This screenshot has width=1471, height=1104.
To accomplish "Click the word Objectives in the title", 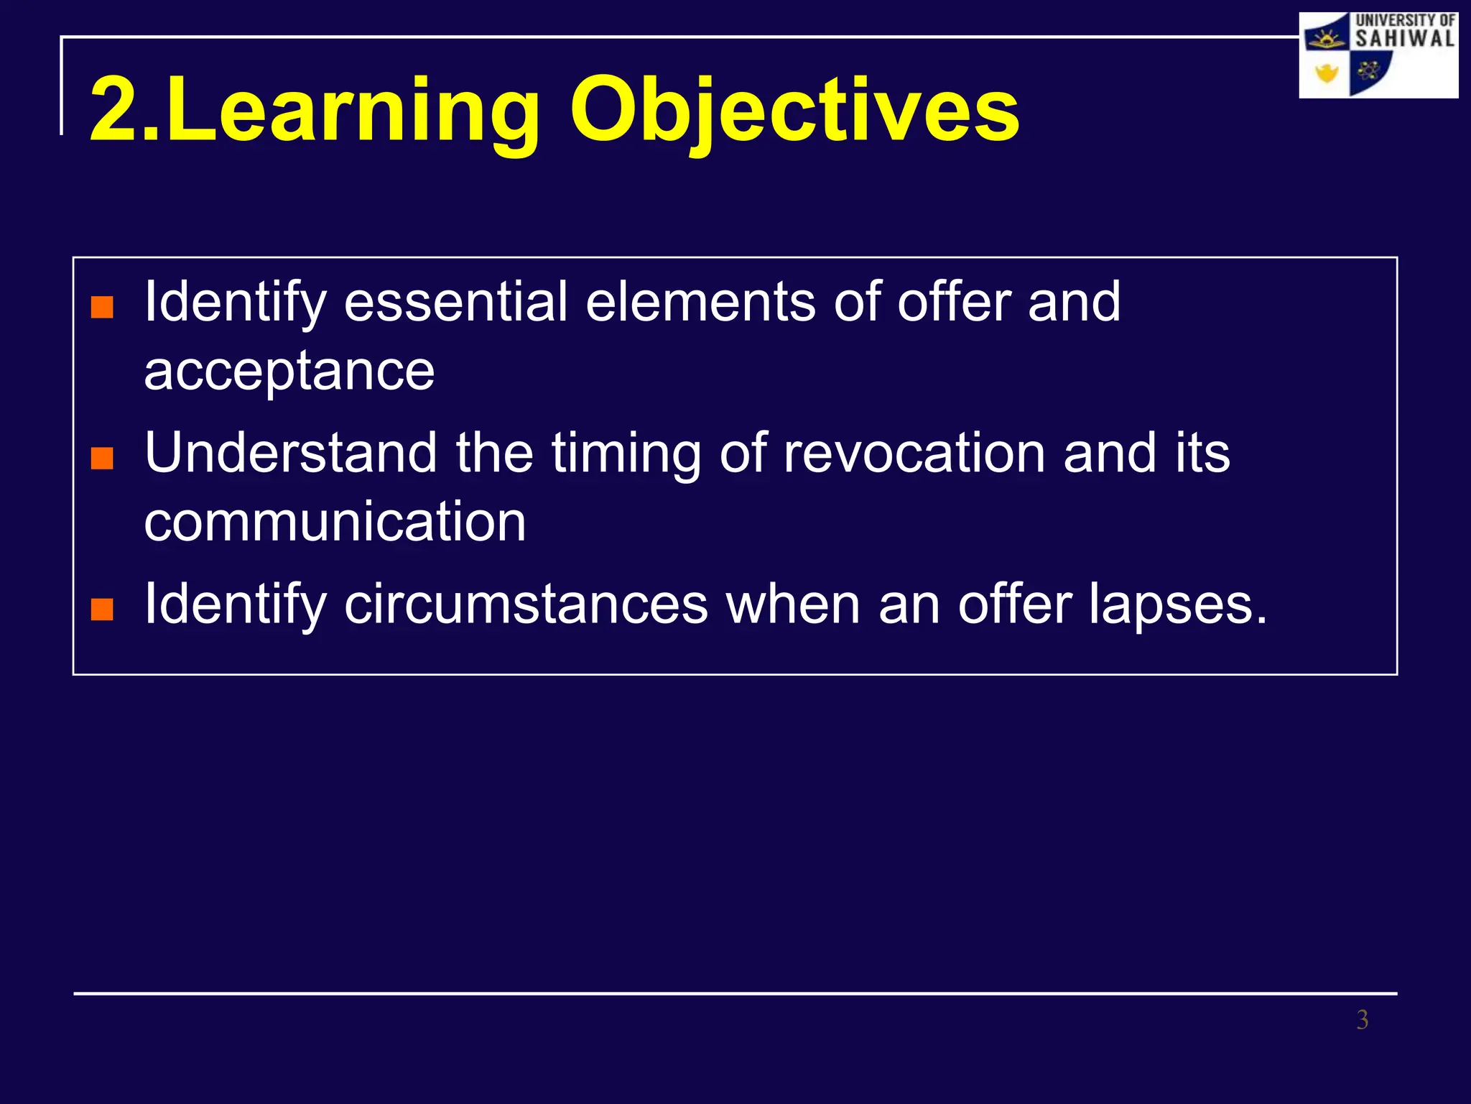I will coord(794,111).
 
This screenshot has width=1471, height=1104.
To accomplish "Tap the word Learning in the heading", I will coord(352,111).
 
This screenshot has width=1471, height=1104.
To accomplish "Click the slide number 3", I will coord(1362,1020).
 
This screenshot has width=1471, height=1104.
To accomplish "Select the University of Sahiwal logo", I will coord(1378,55).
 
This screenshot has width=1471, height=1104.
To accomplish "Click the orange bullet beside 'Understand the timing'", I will coord(102,458).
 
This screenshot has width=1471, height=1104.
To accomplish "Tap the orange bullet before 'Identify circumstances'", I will coord(102,609).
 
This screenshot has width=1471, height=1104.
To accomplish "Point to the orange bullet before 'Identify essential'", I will coord(102,307).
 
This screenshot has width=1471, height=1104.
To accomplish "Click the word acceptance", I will coord(289,372).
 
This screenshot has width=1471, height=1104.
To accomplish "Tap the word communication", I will coord(335,522).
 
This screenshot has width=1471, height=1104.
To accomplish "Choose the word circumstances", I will coord(526,605).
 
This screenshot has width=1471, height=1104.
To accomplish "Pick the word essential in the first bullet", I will coord(455,302).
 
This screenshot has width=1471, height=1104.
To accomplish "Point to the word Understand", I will coord(291,454).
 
